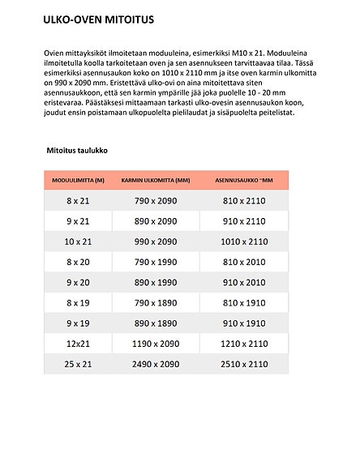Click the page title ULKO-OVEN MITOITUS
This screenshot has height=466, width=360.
click(99, 18)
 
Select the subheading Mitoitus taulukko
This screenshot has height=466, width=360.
click(77, 151)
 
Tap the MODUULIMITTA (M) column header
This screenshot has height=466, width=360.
click(78, 180)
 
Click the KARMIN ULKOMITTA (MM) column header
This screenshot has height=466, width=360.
click(155, 180)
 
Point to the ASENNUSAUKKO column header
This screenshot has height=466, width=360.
click(244, 180)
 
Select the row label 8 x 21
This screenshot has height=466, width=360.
click(78, 199)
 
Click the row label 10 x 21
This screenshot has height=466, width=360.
click(78, 242)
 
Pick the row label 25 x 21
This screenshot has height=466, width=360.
click(78, 365)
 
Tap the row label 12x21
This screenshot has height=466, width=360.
click(78, 344)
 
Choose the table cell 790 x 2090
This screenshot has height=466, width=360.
click(155, 199)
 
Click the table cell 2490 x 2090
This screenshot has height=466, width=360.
click(155, 365)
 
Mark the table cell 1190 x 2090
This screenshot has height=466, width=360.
click(155, 344)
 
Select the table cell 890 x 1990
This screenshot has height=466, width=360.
click(155, 282)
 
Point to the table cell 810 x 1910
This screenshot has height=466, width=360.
click(244, 302)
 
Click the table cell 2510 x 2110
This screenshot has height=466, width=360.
click(244, 365)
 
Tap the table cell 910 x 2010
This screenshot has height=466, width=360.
click(244, 282)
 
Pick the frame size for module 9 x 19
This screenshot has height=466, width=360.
click(155, 323)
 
